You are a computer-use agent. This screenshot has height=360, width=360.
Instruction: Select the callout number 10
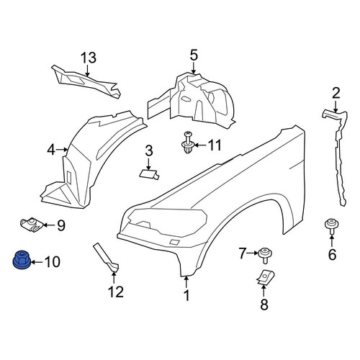pos(53,262)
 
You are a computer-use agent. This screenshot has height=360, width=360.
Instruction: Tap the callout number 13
pos(89,58)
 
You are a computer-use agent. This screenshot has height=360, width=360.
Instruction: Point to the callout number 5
pos(194,55)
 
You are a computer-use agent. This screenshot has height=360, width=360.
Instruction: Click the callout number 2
pos(336,94)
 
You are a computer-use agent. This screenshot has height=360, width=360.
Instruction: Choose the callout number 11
pos(215,145)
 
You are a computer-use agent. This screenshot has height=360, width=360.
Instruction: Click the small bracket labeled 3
pos(149,174)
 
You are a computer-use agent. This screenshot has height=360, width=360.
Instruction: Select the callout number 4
pos(51,150)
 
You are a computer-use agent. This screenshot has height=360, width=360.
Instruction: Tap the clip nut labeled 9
pos(32,225)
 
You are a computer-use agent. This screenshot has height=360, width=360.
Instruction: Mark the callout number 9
pos(61,225)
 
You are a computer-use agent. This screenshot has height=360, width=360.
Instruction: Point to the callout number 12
pos(116,292)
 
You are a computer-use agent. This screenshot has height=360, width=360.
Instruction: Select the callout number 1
pos(186,295)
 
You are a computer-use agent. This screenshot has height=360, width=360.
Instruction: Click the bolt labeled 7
pos(265,255)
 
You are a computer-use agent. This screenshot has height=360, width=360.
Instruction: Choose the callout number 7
pos(243,253)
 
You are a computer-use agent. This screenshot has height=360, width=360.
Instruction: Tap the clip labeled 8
pos(265,278)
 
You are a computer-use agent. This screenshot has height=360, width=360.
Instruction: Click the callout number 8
pos(264,305)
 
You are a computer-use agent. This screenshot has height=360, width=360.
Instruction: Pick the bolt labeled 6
pos(331,226)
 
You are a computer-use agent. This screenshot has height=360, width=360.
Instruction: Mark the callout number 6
pos(332,254)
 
